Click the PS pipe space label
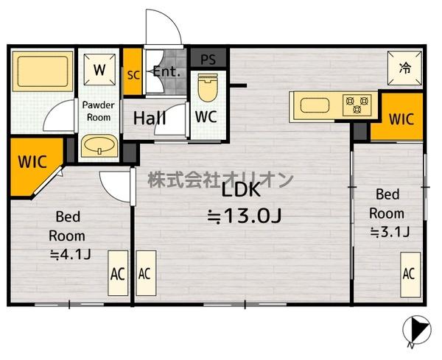coord(208,60)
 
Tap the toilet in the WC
coord(208,88)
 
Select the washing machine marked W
coord(99,70)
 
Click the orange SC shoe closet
coord(133,72)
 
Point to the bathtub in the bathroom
coord(43,71)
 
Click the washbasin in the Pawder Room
coord(99,146)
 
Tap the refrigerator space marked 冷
coord(404,68)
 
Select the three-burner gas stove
coord(357,105)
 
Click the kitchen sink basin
coord(315,105)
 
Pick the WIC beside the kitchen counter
coord(401,119)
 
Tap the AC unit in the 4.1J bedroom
coord(118,273)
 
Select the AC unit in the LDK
coord(146,273)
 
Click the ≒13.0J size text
coord(244,216)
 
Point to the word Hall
coord(150,118)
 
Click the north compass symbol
coord(417,330)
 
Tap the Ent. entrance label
coord(167,71)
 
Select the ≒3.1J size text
coord(390,233)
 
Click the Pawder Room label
coord(99,111)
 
